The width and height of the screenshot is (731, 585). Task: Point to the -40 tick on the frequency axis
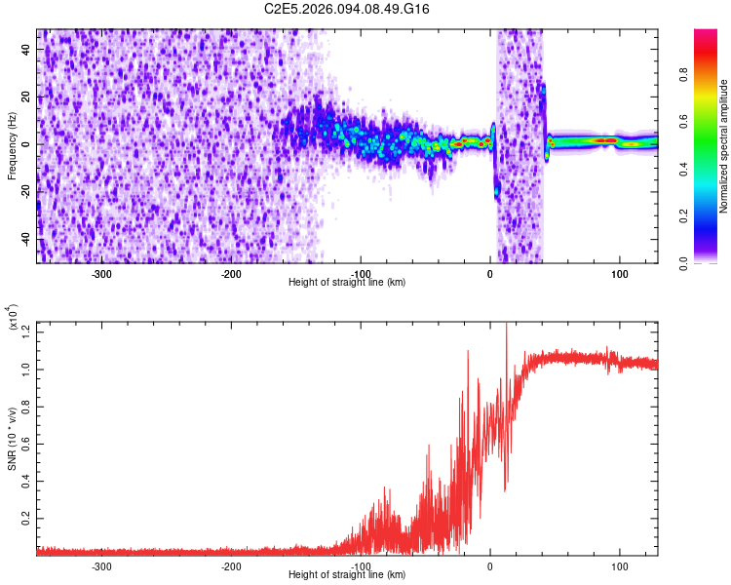click(24, 239)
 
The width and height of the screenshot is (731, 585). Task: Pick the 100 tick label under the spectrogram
click(619, 273)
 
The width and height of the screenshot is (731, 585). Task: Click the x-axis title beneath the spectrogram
click(347, 282)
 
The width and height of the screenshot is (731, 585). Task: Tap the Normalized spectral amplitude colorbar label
click(724, 146)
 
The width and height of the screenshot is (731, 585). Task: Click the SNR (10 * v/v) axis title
click(12, 437)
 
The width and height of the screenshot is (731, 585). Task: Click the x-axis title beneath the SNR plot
click(347, 574)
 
